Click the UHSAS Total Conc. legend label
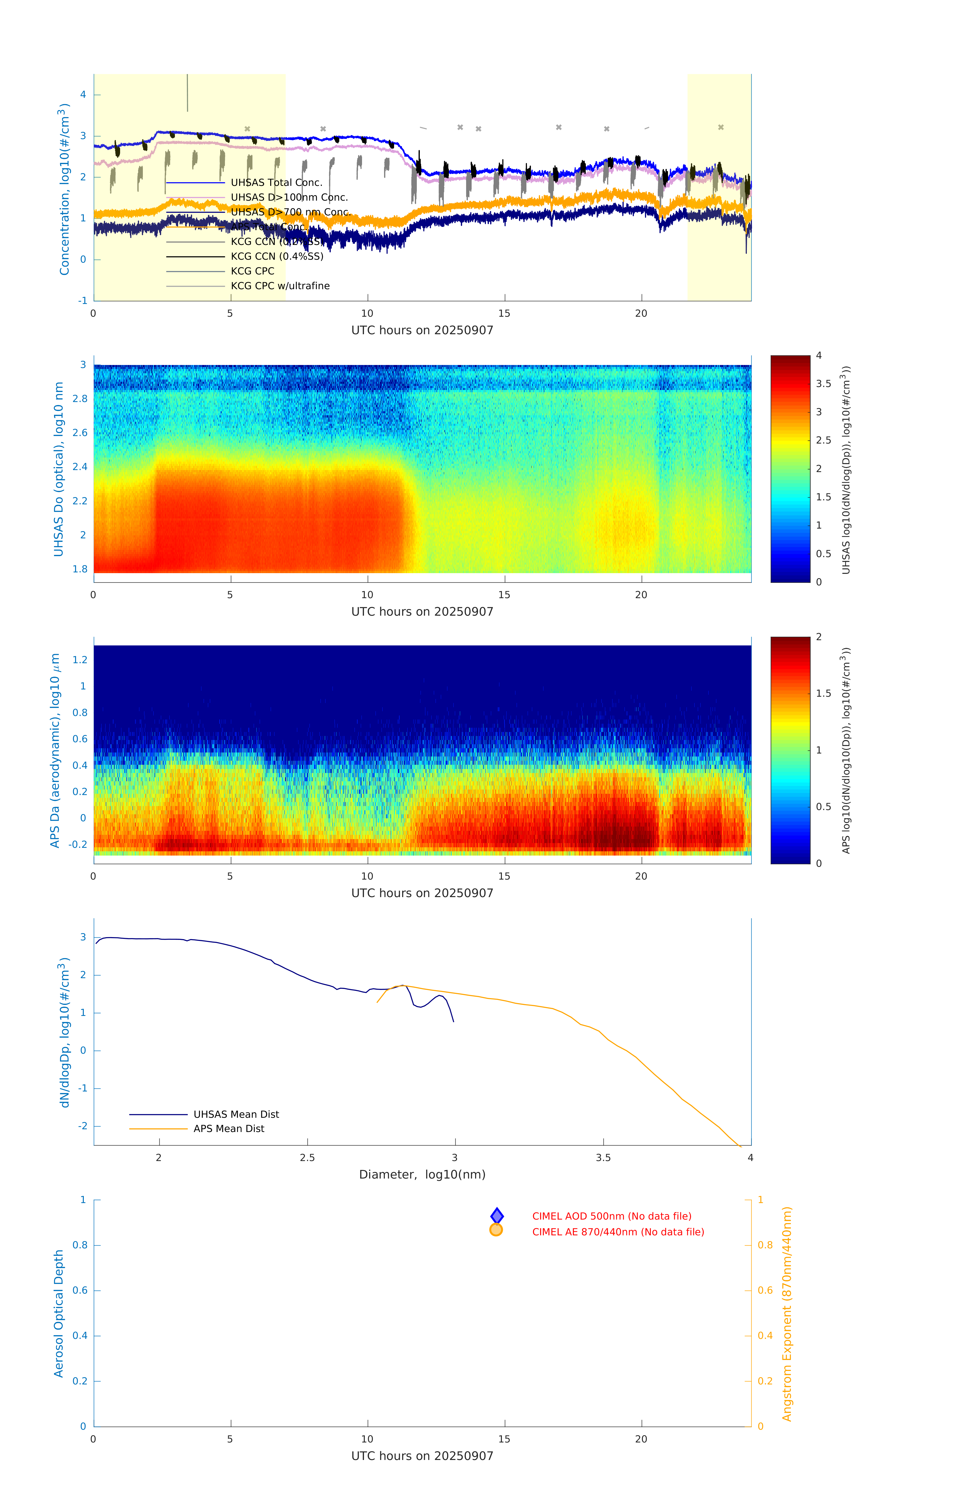click(276, 183)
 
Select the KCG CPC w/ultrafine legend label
click(280, 286)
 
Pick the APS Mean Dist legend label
click(229, 1129)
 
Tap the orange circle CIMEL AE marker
click(496, 1230)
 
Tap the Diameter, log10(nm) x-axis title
click(422, 1174)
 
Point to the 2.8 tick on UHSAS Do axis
click(80, 399)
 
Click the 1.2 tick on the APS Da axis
click(80, 659)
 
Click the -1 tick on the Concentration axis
click(82, 300)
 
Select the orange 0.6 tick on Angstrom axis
click(765, 1290)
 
